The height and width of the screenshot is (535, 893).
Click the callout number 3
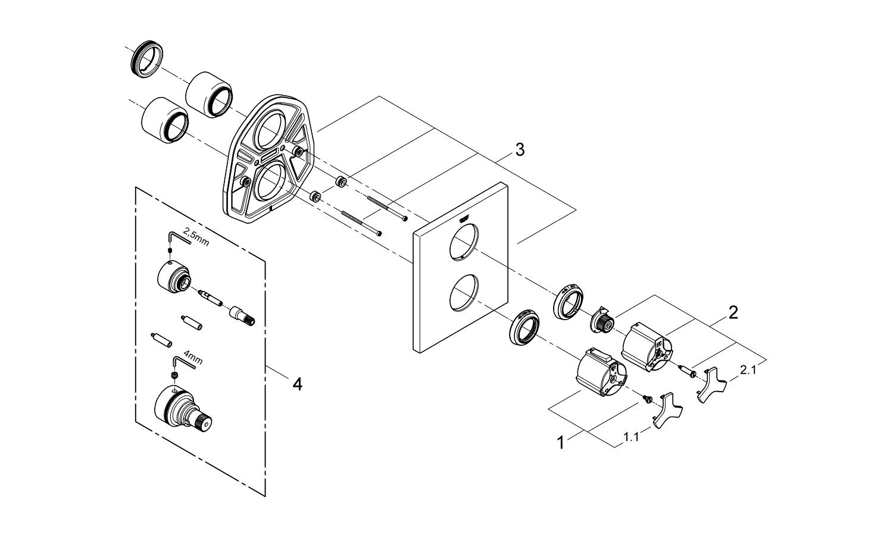(x=520, y=150)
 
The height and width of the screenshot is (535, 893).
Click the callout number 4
(x=298, y=384)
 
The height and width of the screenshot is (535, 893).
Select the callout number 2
(x=733, y=312)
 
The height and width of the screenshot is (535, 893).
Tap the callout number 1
(x=561, y=443)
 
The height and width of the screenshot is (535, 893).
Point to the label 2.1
(x=748, y=370)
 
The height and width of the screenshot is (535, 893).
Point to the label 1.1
(x=632, y=437)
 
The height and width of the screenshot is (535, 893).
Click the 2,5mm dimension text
(x=196, y=236)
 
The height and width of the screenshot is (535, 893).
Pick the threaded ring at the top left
(x=146, y=58)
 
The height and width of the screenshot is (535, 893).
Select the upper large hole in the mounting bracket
(x=271, y=131)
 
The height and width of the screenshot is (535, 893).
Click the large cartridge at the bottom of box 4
(x=183, y=411)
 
